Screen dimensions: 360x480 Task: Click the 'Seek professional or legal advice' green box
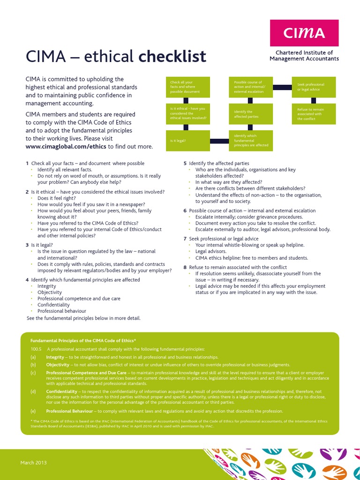pos(314,87)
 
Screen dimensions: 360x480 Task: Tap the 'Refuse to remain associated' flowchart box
pos(314,114)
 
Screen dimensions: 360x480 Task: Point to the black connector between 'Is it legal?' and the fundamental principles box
pos(219,141)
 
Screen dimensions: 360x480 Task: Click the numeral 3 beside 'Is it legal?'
pos(27,245)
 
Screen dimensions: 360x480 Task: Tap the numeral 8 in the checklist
pos(185,267)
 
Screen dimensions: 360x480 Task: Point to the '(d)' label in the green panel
pos(33,391)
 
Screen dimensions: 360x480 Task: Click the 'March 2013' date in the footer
pos(33,463)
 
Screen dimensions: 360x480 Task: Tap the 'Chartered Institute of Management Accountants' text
pos(304,56)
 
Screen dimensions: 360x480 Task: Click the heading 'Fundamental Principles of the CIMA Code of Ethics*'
pos(83,341)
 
